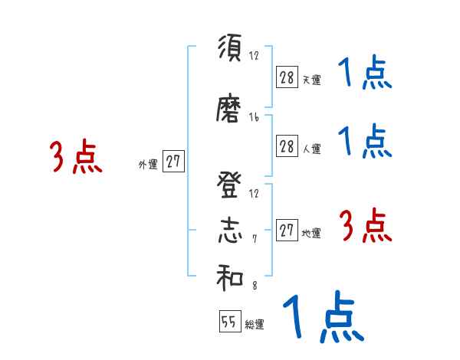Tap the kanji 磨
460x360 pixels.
click(229, 111)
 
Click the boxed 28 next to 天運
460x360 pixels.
click(287, 77)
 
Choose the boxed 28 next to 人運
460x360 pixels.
click(287, 146)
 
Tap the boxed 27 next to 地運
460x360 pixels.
click(287, 231)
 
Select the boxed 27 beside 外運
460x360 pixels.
click(173, 162)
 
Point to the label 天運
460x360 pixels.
click(311, 80)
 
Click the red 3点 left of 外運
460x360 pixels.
click(76, 157)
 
